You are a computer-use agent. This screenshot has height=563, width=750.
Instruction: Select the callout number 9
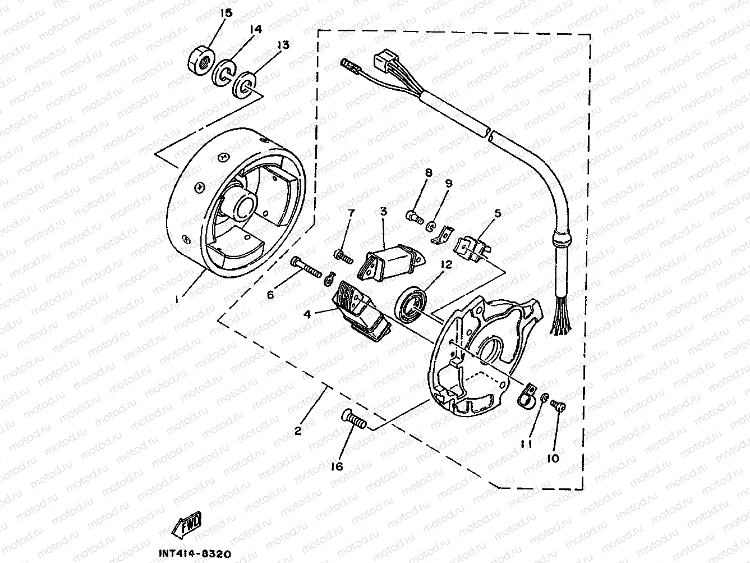point(449,184)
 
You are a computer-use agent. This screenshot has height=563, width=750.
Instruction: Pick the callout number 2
point(298,431)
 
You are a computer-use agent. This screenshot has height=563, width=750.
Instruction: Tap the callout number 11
point(526,443)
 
